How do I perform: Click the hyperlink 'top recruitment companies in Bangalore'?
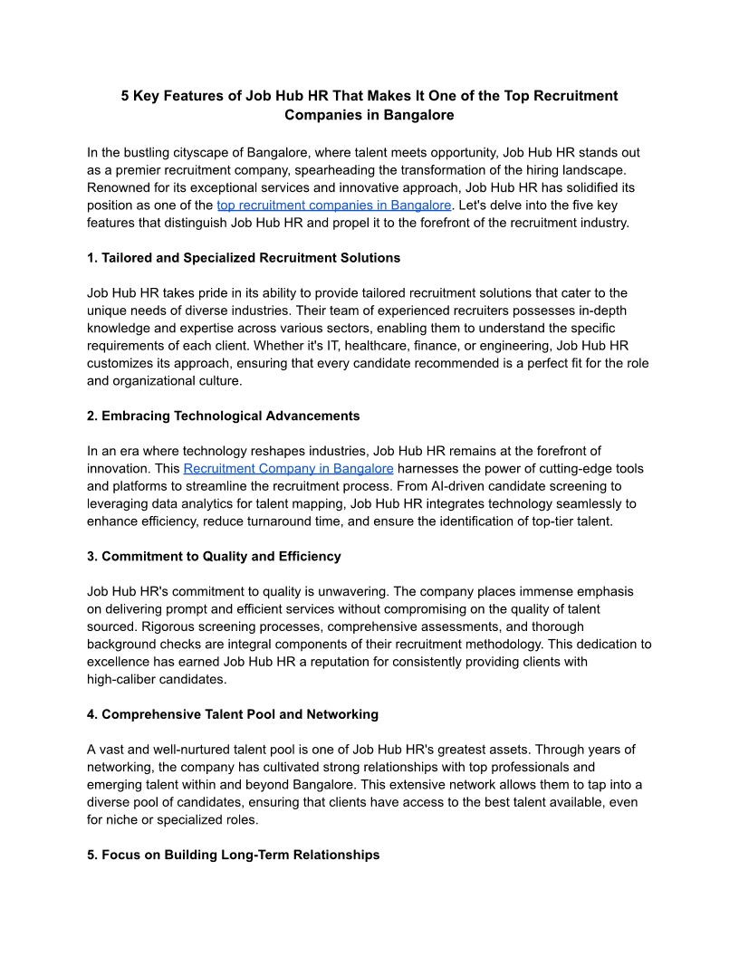pos(333,206)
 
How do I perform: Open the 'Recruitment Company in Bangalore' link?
pos(288,468)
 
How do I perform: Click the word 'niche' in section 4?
pos(123,820)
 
